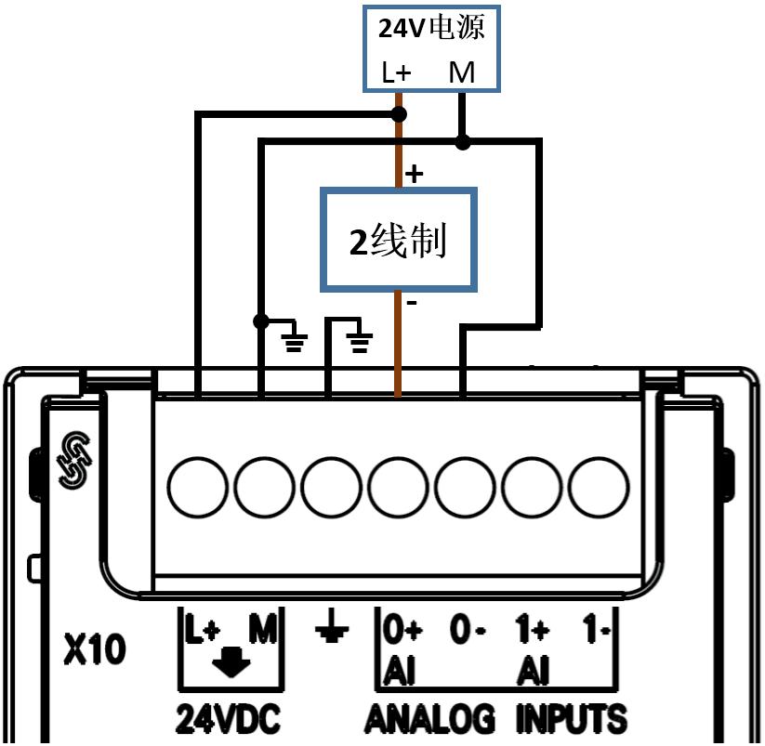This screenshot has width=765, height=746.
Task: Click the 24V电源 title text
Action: pyautogui.click(x=431, y=28)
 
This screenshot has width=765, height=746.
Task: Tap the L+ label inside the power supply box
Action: pyautogui.click(x=398, y=72)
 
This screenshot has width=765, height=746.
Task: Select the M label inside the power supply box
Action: pyautogui.click(x=462, y=72)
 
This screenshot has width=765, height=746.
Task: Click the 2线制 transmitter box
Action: pyautogui.click(x=399, y=240)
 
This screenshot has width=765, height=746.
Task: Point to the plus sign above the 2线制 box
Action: pyautogui.click(x=415, y=173)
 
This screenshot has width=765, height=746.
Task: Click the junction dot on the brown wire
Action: pyautogui.click(x=399, y=114)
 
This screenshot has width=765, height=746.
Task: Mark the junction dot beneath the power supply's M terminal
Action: pyautogui.click(x=462, y=142)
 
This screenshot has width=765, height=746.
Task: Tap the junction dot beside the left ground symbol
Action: pyautogui.click(x=261, y=321)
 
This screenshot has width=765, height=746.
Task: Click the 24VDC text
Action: pyautogui.click(x=229, y=719)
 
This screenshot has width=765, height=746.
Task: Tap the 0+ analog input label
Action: pyautogui.click(x=403, y=632)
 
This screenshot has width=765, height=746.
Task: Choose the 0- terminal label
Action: pyautogui.click(x=468, y=632)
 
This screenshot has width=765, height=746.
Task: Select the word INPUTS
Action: pyautogui.click(x=571, y=719)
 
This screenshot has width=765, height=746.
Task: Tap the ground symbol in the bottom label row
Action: pyautogui.click(x=331, y=632)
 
